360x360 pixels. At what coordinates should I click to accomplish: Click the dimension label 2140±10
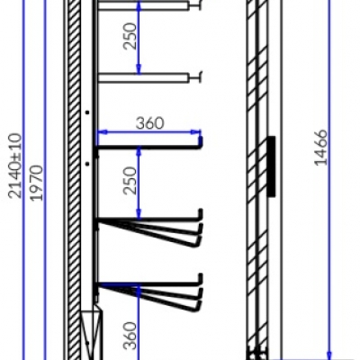(15, 166)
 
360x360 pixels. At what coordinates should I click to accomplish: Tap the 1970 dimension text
(37, 183)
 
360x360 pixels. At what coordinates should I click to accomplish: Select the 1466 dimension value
(320, 148)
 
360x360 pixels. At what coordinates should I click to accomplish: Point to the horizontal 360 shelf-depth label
(150, 123)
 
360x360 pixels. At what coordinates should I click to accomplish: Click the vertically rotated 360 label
(130, 336)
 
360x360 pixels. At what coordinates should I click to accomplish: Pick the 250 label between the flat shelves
(130, 36)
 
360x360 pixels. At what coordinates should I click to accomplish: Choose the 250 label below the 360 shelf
(130, 181)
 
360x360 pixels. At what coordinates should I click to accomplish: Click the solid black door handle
(271, 166)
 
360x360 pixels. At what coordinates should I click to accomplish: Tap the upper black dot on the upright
(87, 112)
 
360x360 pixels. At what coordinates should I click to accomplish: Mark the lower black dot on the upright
(87, 164)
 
